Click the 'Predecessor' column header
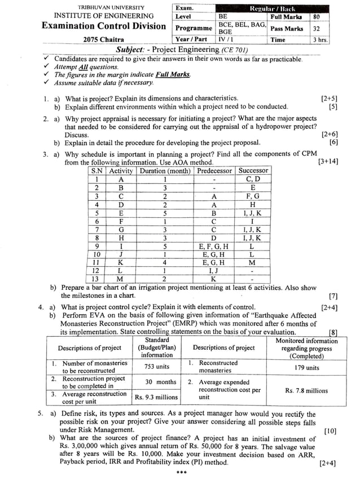214,170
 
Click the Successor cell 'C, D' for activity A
253,179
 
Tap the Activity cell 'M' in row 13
121,279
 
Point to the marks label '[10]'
331,431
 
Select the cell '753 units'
156,366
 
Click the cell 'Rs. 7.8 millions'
305,390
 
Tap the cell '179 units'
305,367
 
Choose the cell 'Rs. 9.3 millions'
156,397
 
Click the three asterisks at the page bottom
181,473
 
